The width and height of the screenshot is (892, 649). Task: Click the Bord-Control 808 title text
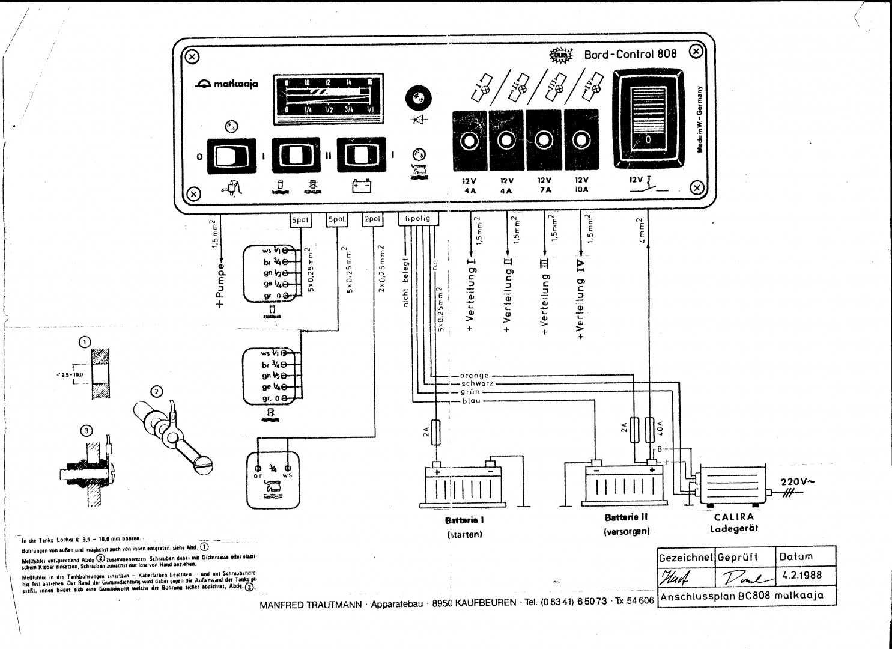(x=630, y=54)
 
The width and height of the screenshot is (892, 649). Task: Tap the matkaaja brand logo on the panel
(x=226, y=84)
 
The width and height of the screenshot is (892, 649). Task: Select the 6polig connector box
(x=418, y=219)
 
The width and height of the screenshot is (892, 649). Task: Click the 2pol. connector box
(x=373, y=219)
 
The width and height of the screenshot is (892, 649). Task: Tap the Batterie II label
(x=627, y=517)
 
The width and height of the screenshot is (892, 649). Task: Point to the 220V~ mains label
(x=798, y=481)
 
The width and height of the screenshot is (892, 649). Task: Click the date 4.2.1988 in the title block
(x=802, y=575)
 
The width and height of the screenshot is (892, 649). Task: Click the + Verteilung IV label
(x=581, y=299)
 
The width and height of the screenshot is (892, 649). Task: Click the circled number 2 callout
(x=156, y=392)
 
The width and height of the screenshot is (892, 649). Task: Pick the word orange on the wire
(x=474, y=376)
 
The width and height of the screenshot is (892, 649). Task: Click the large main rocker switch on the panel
(x=648, y=118)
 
